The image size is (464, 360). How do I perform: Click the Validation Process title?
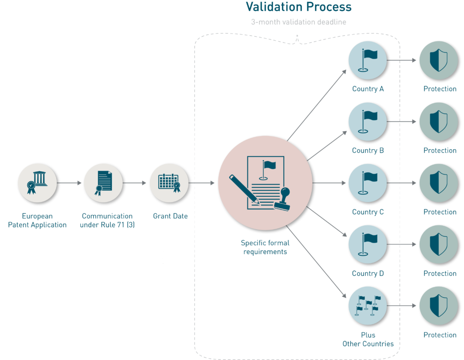[x=298, y=7]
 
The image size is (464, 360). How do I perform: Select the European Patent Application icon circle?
[x=37, y=183]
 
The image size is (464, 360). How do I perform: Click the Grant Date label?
[x=170, y=216]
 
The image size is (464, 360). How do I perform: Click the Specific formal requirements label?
[x=265, y=247]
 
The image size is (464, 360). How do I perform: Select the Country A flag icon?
[x=367, y=60]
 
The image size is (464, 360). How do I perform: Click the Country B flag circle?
[x=367, y=122]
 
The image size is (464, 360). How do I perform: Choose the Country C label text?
[x=367, y=212]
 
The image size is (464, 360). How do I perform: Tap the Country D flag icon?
[x=367, y=244]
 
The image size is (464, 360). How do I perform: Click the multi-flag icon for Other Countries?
[x=367, y=306]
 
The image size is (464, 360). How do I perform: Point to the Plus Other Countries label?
[x=368, y=339]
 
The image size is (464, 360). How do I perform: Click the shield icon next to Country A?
[x=439, y=60]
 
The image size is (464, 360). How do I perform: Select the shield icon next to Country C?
[x=439, y=183]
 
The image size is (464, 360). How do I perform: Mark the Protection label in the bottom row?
[x=440, y=335]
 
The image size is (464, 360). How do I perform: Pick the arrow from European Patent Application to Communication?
[x=70, y=183]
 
